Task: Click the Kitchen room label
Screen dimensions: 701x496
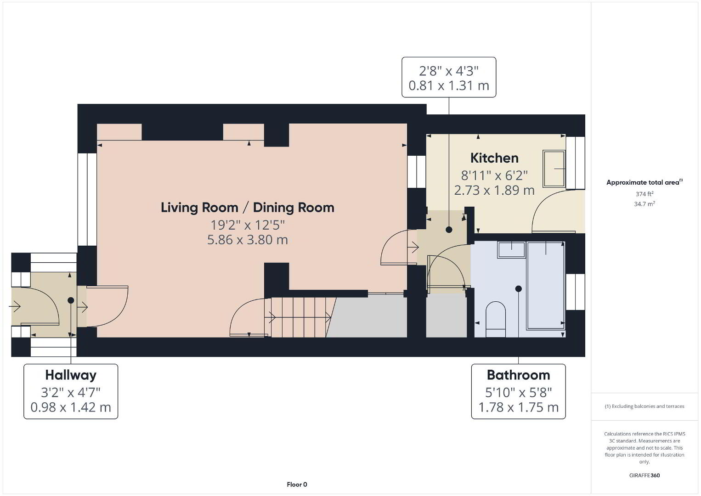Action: [x=494, y=158]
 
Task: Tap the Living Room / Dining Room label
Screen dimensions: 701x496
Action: [x=247, y=208]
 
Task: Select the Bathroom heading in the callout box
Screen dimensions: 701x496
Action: [x=518, y=375]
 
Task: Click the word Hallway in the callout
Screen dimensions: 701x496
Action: [x=71, y=375]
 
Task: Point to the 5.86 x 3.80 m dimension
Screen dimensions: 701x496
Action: [x=247, y=240]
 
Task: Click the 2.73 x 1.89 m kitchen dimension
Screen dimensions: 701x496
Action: [x=494, y=190]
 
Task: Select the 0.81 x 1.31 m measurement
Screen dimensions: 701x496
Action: [x=449, y=85]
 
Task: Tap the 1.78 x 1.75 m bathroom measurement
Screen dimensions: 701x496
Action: [x=518, y=407]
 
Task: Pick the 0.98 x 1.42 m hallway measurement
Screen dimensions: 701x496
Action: [x=71, y=407]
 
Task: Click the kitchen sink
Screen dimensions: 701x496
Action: [x=554, y=169]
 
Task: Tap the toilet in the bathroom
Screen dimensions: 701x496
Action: [x=496, y=319]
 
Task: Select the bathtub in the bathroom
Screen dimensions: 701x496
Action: [x=546, y=286]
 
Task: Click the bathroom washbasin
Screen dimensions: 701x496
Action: [x=511, y=250]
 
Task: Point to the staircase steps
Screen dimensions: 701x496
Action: [x=300, y=317]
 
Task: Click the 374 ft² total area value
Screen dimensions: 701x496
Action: [x=644, y=194]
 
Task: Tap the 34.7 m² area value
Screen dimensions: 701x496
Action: [x=644, y=204]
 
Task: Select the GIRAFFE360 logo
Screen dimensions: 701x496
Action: [x=644, y=475]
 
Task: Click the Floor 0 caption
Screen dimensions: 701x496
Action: [x=297, y=485]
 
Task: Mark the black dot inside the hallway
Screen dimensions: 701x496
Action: [x=71, y=300]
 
